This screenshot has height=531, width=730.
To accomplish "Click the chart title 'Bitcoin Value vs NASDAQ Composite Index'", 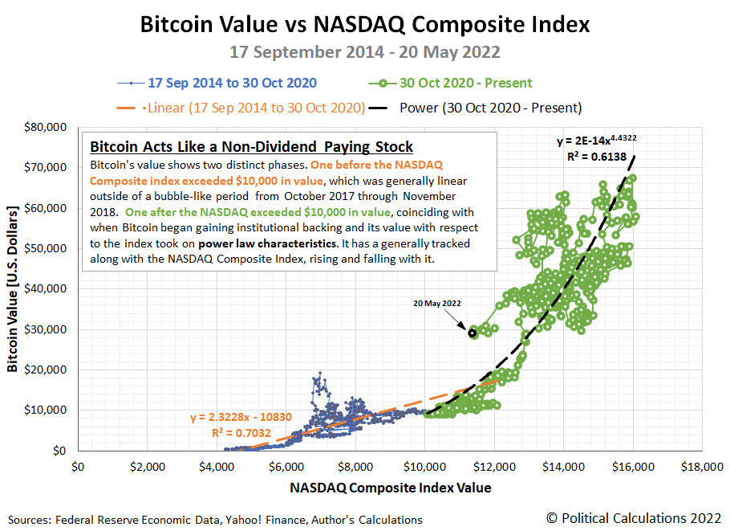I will (365, 25).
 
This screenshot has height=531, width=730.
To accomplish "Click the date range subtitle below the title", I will (365, 52).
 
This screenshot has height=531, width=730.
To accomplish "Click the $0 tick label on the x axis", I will (79, 466).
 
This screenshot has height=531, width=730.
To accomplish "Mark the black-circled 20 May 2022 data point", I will (473, 333).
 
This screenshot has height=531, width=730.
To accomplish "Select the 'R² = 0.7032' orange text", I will (240, 432).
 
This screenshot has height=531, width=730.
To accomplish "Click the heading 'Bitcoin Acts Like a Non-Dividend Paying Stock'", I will (251, 147).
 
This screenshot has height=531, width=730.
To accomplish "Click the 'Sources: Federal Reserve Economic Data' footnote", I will (215, 520).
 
